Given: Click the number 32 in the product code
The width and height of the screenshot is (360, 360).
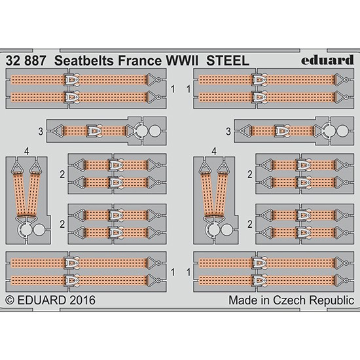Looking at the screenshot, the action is pyautogui.click(x=13, y=61).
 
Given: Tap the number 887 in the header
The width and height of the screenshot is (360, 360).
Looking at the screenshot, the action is pyautogui.click(x=35, y=61).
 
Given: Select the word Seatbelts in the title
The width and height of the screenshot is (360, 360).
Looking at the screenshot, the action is pyautogui.click(x=84, y=61).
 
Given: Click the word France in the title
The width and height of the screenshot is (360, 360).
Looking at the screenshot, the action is pyautogui.click(x=140, y=61).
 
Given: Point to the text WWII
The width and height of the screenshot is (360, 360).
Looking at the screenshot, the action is pyautogui.click(x=182, y=61).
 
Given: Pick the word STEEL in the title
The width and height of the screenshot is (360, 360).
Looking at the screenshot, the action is pyautogui.click(x=228, y=61).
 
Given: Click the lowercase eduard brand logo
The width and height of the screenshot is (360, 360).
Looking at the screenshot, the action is pyautogui.click(x=327, y=60).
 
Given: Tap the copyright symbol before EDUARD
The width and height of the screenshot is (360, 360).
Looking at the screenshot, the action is pyautogui.click(x=10, y=300).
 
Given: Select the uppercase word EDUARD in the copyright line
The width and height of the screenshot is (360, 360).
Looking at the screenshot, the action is pyautogui.click(x=42, y=300).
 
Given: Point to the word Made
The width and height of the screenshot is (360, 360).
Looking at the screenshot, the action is pyautogui.click(x=242, y=300).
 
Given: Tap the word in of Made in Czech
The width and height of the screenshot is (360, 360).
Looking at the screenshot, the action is pyautogui.click(x=264, y=300).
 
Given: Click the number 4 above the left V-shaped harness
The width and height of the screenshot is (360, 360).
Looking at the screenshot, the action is pyautogui.click(x=27, y=152).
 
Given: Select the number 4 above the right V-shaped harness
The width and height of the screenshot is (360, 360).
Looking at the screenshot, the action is pyautogui.click(x=214, y=152).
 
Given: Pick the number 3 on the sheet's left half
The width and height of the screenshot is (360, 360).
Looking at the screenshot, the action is pyautogui.click(x=41, y=132).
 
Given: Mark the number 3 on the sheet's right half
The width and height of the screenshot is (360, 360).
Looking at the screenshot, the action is pyautogui.click(x=228, y=132).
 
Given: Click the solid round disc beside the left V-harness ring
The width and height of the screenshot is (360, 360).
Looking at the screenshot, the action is pyautogui.click(x=39, y=230).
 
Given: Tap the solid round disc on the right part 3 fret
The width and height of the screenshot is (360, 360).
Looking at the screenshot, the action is pyautogui.click(x=342, y=131).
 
